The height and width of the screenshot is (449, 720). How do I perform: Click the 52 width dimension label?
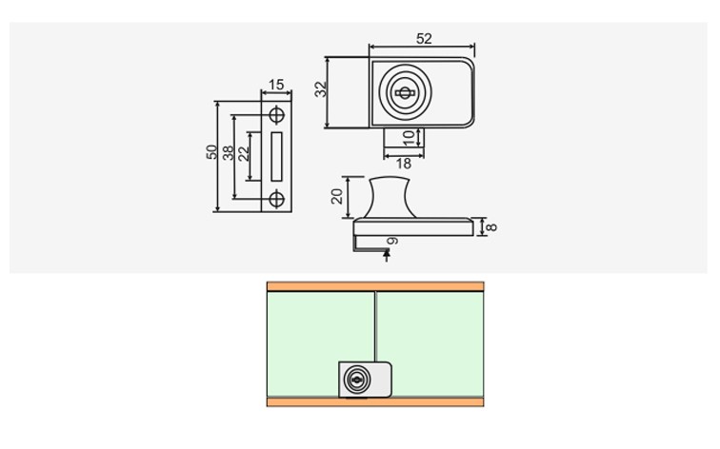click(x=424, y=38)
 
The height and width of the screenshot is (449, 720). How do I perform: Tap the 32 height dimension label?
click(x=322, y=89)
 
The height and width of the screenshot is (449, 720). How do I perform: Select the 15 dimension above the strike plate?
click(x=276, y=85)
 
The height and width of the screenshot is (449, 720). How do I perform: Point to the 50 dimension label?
click(x=211, y=152)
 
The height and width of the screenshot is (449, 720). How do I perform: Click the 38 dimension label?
click(x=228, y=153)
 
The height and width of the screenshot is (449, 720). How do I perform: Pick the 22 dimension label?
click(x=244, y=153)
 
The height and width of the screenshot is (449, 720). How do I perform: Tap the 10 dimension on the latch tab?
click(x=409, y=138)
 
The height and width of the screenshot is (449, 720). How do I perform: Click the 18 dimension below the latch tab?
click(x=403, y=164)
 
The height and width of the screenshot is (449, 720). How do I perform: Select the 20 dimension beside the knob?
click(x=337, y=196)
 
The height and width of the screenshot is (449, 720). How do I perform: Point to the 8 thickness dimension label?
click(x=490, y=227)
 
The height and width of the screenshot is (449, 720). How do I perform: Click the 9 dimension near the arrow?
click(x=392, y=242)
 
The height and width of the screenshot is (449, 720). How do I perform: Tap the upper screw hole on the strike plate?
click(x=276, y=115)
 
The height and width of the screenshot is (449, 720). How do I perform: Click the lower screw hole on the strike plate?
click(x=276, y=200)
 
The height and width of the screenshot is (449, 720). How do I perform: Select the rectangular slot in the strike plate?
click(x=276, y=156)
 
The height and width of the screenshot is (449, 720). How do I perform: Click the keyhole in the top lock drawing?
click(x=404, y=93)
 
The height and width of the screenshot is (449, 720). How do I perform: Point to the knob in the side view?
click(x=390, y=197)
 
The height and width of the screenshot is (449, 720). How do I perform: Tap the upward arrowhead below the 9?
click(x=387, y=252)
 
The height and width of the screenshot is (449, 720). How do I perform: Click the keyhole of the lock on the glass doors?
click(x=356, y=380)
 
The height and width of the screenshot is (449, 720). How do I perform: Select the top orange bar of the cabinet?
click(x=375, y=286)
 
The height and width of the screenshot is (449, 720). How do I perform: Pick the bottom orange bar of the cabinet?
click(x=375, y=402)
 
